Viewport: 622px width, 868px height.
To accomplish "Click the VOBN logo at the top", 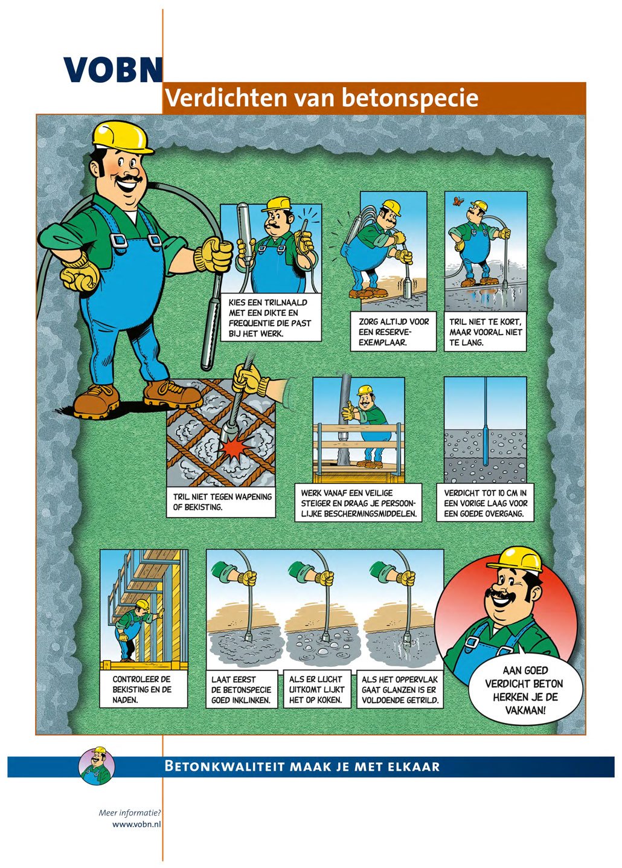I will click(113, 69).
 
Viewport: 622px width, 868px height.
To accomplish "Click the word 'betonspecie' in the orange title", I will click(410, 98).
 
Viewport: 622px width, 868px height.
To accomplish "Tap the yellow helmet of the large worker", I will click(123, 136).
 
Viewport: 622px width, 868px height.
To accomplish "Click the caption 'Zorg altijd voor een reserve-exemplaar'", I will click(394, 332).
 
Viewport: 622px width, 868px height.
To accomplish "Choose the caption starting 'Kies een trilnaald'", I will click(270, 318).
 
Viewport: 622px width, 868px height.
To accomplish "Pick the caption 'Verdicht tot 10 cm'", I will click(485, 504).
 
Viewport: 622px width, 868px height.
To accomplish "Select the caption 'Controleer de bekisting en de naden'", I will click(143, 689).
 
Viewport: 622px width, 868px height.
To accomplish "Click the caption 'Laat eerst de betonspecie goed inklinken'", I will click(242, 689).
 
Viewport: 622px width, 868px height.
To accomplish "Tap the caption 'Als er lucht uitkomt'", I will click(316, 689).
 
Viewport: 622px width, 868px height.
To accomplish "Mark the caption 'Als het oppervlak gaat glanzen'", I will click(399, 689).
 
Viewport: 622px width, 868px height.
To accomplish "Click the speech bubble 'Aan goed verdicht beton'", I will click(524, 690).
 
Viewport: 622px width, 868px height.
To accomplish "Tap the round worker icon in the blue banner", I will click(97, 766).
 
